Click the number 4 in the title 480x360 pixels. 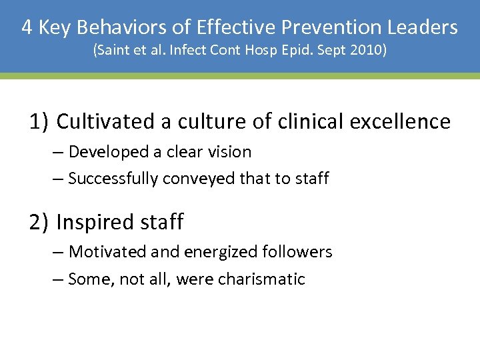click(x=27, y=27)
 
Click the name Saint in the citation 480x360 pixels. click(x=116, y=51)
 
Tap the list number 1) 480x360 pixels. click(x=39, y=122)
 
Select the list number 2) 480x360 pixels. click(x=39, y=222)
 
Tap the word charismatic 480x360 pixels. click(x=265, y=279)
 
